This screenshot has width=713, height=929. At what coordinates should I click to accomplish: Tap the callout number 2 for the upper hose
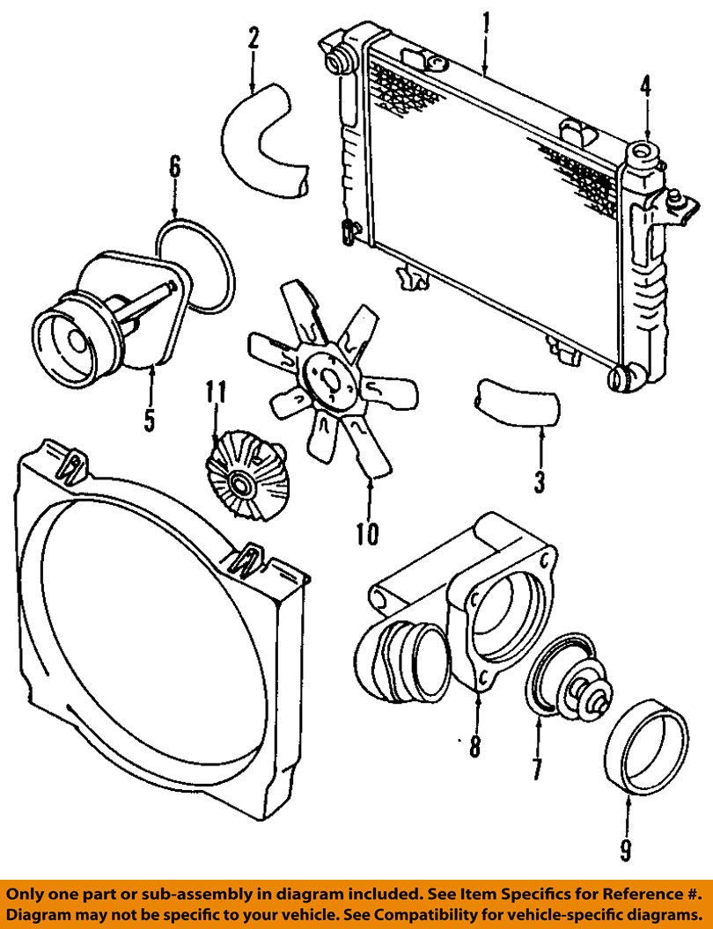coord(253,38)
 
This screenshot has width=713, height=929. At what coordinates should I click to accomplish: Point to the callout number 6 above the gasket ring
coord(174,167)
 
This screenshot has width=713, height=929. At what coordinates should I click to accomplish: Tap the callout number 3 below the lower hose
coord(540,481)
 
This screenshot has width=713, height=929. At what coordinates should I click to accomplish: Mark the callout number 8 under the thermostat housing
coord(475,746)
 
